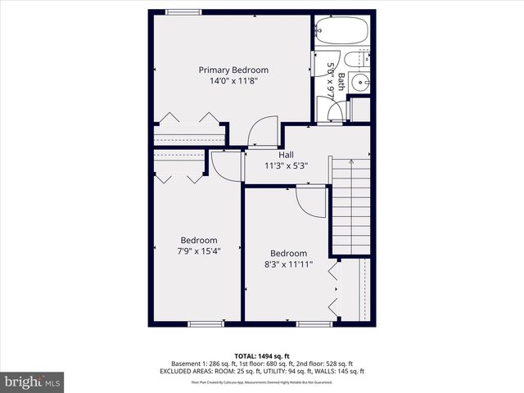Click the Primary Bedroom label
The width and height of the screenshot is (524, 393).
pyautogui.click(x=233, y=70)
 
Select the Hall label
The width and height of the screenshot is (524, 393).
pyautogui.click(x=286, y=154)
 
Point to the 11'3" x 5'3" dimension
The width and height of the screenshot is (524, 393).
pyautogui.click(x=286, y=165)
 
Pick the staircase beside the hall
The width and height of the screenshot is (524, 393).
pyautogui.click(x=351, y=201)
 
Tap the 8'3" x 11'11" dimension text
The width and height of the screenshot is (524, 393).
pyautogui.click(x=288, y=264)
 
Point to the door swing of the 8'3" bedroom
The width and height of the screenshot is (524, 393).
pyautogui.click(x=311, y=200)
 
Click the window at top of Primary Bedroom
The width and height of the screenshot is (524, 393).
pyautogui.click(x=179, y=11)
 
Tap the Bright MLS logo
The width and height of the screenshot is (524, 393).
pyautogui.click(x=33, y=382)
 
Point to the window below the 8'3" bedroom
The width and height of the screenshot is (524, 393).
pyautogui.click(x=314, y=324)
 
